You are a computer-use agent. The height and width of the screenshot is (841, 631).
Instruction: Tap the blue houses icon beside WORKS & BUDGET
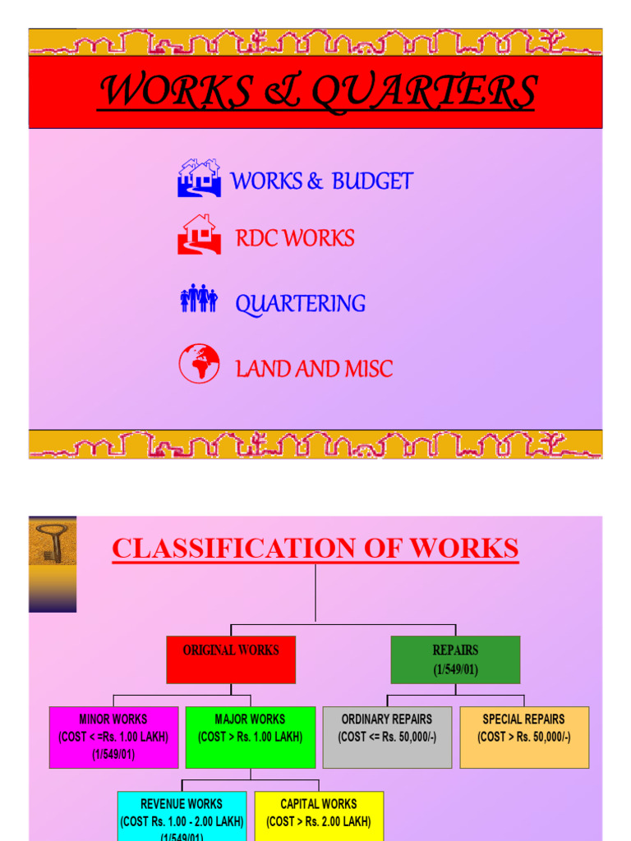pyautogui.click(x=199, y=178)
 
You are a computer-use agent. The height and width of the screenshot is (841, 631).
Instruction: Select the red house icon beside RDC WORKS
pyautogui.click(x=199, y=234)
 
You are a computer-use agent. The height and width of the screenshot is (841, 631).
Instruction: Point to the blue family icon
pyautogui.click(x=198, y=299)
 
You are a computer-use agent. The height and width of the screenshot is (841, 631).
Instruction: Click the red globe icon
pyautogui.click(x=199, y=364)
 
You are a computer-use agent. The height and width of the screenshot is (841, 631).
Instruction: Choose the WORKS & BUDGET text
pyautogui.click(x=322, y=182)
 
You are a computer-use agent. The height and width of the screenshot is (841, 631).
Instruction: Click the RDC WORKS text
pyautogui.click(x=295, y=239)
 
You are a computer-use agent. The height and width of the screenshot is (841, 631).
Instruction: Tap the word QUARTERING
pyautogui.click(x=301, y=304)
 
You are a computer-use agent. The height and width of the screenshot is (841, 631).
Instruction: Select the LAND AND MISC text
pyautogui.click(x=314, y=370)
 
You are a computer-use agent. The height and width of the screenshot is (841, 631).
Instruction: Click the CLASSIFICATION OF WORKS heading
pyautogui.click(x=315, y=549)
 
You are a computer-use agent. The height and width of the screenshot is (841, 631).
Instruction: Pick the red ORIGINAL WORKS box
pyautogui.click(x=231, y=659)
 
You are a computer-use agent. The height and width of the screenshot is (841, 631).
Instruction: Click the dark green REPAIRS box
pyautogui.click(x=455, y=659)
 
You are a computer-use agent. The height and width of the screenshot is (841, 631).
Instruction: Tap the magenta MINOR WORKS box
pyautogui.click(x=113, y=737)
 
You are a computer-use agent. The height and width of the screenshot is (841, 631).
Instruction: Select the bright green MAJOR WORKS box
pyautogui.click(x=251, y=737)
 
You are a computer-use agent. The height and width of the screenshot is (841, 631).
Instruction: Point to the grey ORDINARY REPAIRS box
pyautogui.click(x=387, y=737)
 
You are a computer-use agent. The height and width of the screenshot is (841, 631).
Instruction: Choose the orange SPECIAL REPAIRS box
pyautogui.click(x=524, y=737)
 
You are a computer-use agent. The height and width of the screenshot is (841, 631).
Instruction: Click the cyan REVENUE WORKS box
pyautogui.click(x=182, y=816)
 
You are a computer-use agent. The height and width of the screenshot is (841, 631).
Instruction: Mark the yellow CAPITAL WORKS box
pyautogui.click(x=319, y=816)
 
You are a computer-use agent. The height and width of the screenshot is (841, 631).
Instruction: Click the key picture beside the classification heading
pyautogui.click(x=53, y=543)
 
